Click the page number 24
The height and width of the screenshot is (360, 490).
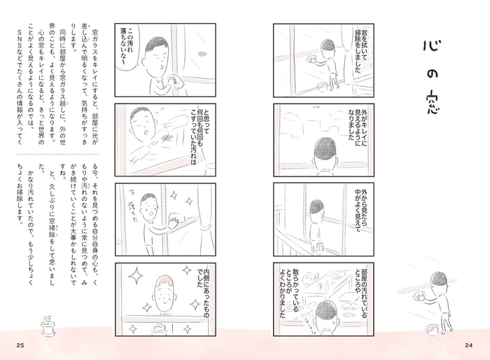470,342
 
